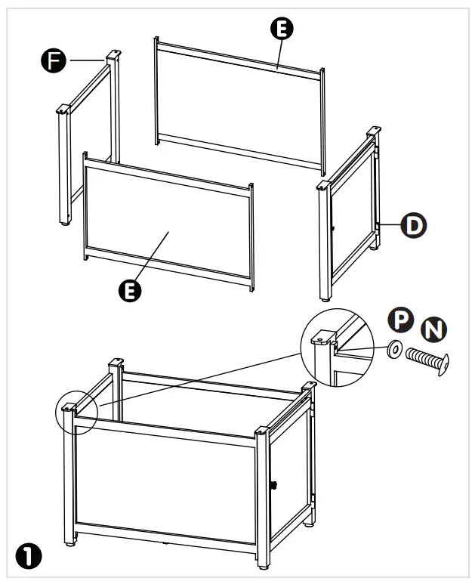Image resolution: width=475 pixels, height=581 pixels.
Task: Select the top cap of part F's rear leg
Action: (x=113, y=54)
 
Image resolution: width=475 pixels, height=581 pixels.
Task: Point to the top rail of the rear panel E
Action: (x=238, y=58)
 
